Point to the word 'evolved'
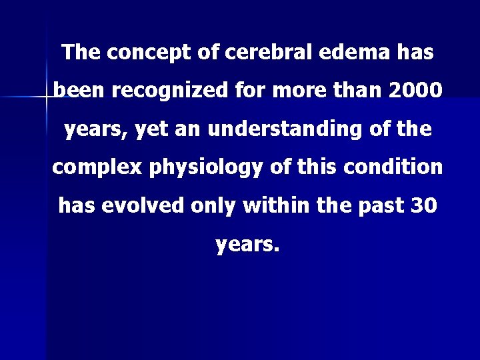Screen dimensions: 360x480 (144, 206)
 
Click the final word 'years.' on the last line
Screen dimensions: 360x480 (247, 245)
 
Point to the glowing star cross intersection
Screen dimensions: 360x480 (46, 98)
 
